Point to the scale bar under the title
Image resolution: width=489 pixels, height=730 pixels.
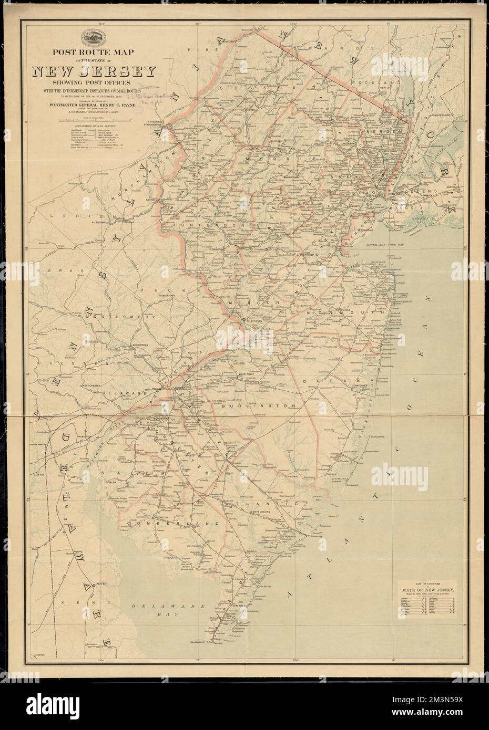tap(93, 121)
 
